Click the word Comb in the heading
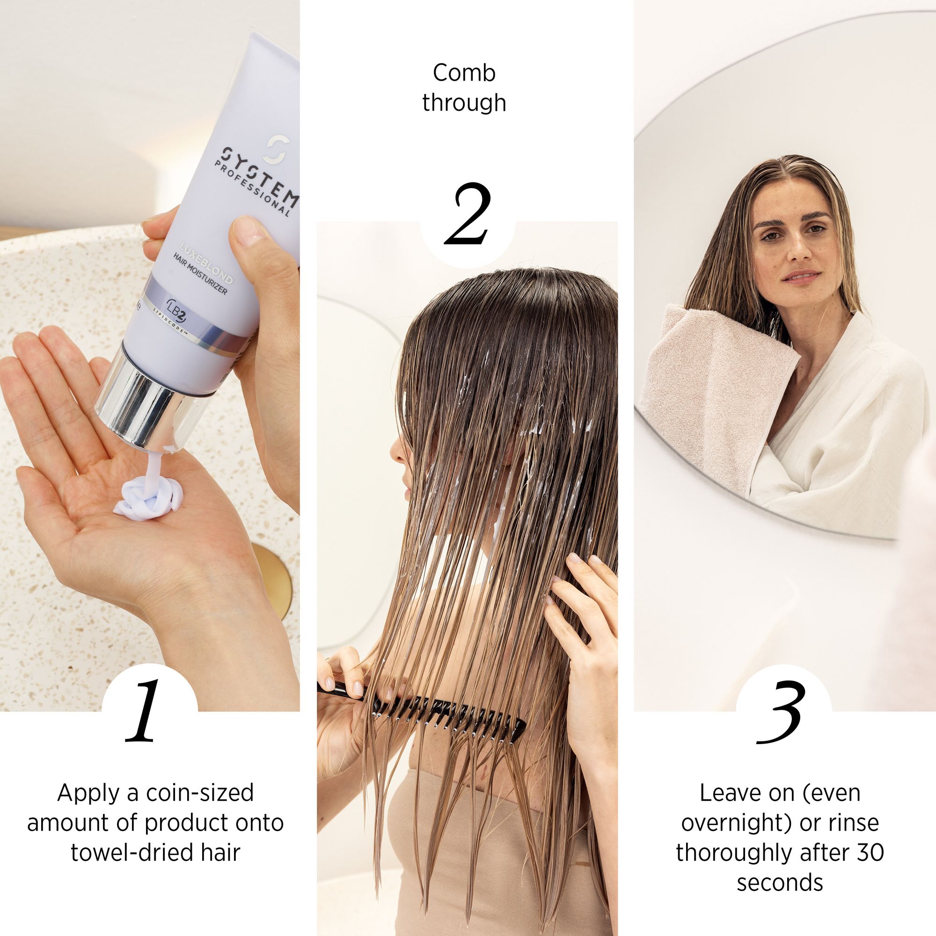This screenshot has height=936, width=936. coord(464,73)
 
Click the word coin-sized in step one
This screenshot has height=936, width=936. coord(200,793)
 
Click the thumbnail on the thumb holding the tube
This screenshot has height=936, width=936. coord(248,230)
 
